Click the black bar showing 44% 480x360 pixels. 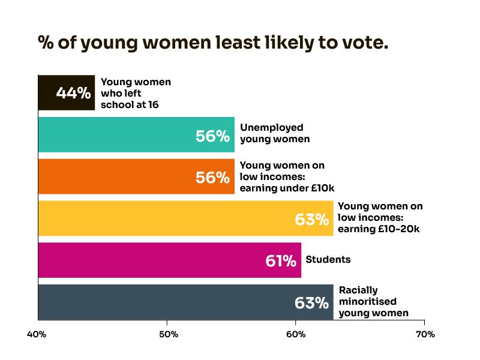pos(66,93)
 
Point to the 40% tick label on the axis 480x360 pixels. pos(37,334)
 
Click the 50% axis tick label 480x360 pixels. pos(167,334)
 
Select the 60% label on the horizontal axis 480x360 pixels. pos(296,334)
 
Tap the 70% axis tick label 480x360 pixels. pos(425,334)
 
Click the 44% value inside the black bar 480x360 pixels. pos(73,93)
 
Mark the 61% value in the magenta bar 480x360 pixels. pos(281,261)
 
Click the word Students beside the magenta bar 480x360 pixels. pos(328,260)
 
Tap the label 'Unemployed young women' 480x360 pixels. pos(275,133)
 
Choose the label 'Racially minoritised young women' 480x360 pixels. pos(373,301)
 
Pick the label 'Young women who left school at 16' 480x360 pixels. pos(136,93)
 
